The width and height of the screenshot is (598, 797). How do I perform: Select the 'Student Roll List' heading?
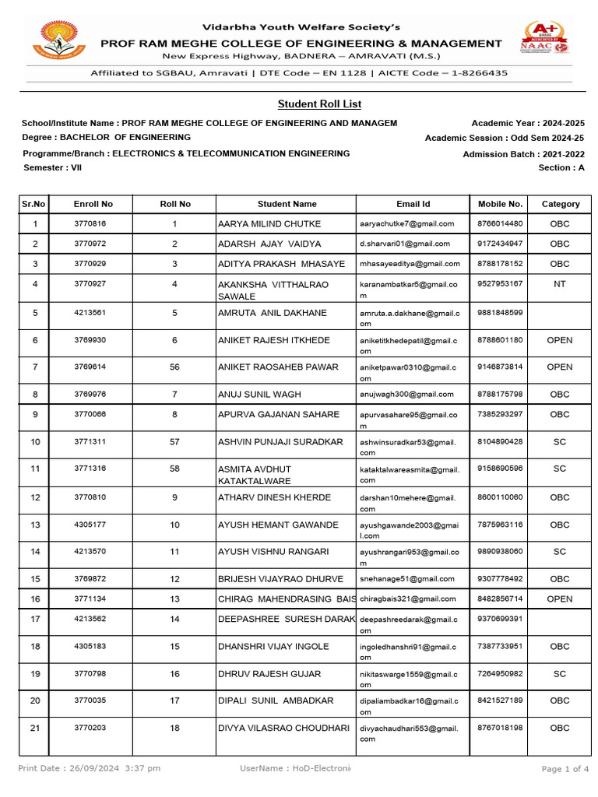[x=319, y=104]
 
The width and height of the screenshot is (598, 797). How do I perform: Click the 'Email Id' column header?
[x=413, y=204]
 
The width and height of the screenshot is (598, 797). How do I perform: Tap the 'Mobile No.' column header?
[x=500, y=204]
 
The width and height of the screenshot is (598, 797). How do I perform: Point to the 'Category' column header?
[x=561, y=204]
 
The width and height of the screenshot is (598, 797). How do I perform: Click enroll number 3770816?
[x=90, y=224]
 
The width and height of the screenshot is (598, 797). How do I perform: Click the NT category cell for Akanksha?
[x=560, y=284]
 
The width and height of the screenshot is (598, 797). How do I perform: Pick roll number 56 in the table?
[x=174, y=367]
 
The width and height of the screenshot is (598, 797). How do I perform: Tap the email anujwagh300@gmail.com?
[x=406, y=395]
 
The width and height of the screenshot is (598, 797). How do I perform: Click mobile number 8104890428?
[x=500, y=441]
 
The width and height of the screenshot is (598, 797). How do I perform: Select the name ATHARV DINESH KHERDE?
[x=274, y=497]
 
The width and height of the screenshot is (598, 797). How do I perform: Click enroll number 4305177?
[x=90, y=525]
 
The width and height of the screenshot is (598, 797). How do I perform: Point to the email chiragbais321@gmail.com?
[x=408, y=599]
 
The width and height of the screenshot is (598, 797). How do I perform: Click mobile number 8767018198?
[x=500, y=728]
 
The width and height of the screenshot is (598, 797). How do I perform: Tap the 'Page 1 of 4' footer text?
[x=565, y=769]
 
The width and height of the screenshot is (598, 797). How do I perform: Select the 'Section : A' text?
[x=561, y=168]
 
